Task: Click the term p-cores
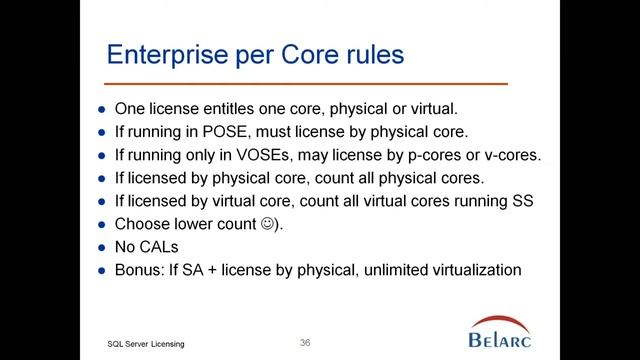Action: (x=436, y=156)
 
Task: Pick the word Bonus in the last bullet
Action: (x=137, y=270)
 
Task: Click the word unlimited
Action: (x=400, y=270)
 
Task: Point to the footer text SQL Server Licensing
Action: (x=151, y=344)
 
